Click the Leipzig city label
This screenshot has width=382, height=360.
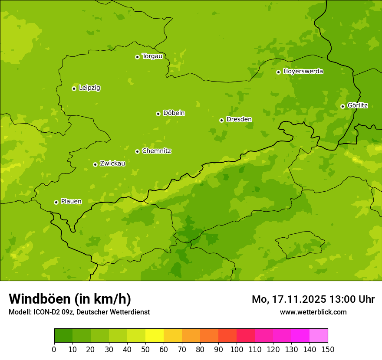(89, 88)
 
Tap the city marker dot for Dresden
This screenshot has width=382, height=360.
(221, 120)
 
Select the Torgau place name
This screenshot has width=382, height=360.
(152, 56)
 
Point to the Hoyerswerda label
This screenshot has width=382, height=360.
(303, 72)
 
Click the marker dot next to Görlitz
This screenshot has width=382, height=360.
(342, 106)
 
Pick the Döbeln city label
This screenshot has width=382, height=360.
(174, 113)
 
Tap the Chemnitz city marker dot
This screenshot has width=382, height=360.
(137, 151)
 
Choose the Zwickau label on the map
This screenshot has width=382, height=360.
(112, 164)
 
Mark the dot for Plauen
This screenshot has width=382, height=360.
(56, 202)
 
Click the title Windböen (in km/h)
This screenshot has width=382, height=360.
(70, 299)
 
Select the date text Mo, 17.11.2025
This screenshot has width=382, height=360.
(289, 299)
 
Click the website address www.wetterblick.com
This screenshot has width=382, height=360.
(313, 312)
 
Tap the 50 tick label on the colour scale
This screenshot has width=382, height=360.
(145, 349)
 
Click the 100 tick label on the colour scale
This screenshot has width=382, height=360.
(237, 349)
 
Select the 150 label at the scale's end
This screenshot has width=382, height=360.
(328, 349)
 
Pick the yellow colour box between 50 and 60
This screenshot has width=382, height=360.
(155, 335)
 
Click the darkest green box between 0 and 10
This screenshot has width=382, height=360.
(63, 335)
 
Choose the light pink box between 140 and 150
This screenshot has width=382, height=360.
(319, 335)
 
